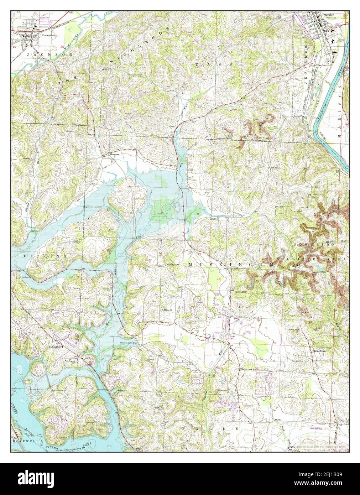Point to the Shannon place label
tap(114, 155)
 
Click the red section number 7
tap(161, 213)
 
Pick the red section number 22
tap(256, 367)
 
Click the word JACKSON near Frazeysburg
tap(37, 54)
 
